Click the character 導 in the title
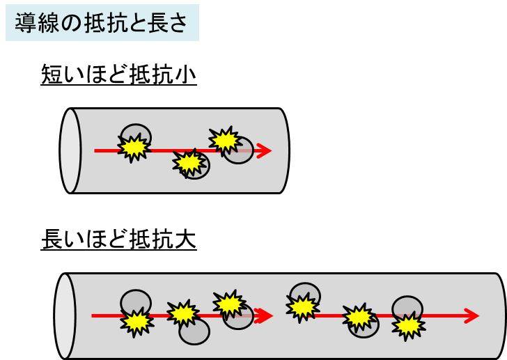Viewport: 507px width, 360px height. tap(26, 24)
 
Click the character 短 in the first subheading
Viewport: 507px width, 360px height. tap(52, 75)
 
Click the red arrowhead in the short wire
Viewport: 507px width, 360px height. tap(263, 150)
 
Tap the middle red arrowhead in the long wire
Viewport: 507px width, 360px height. tap(264, 315)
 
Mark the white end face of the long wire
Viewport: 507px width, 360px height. tap(65, 315)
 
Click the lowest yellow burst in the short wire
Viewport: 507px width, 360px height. tap(186, 162)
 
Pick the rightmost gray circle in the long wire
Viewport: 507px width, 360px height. tap(407, 308)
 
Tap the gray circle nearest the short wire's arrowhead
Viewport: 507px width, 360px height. tap(238, 152)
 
